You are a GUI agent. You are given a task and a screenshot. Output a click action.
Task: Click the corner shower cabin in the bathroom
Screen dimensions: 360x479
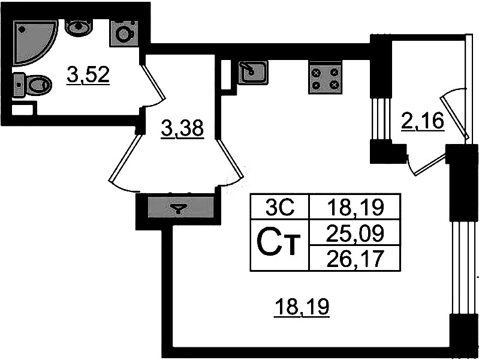(33, 40)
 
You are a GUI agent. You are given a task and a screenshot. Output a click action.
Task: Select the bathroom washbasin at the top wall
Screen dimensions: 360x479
(79, 27)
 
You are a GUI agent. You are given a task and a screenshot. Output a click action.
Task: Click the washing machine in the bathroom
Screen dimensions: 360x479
(123, 32)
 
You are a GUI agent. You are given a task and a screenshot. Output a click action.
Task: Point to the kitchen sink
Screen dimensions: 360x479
(252, 73)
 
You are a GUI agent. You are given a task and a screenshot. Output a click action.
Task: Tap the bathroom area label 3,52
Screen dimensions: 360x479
(88, 76)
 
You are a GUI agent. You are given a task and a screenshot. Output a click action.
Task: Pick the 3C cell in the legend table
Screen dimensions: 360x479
(279, 208)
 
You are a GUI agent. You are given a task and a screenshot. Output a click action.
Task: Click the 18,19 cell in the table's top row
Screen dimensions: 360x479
(354, 208)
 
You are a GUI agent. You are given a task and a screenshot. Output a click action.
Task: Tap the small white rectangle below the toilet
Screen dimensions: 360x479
(23, 109)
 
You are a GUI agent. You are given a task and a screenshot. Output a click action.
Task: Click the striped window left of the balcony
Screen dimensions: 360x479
(377, 119)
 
